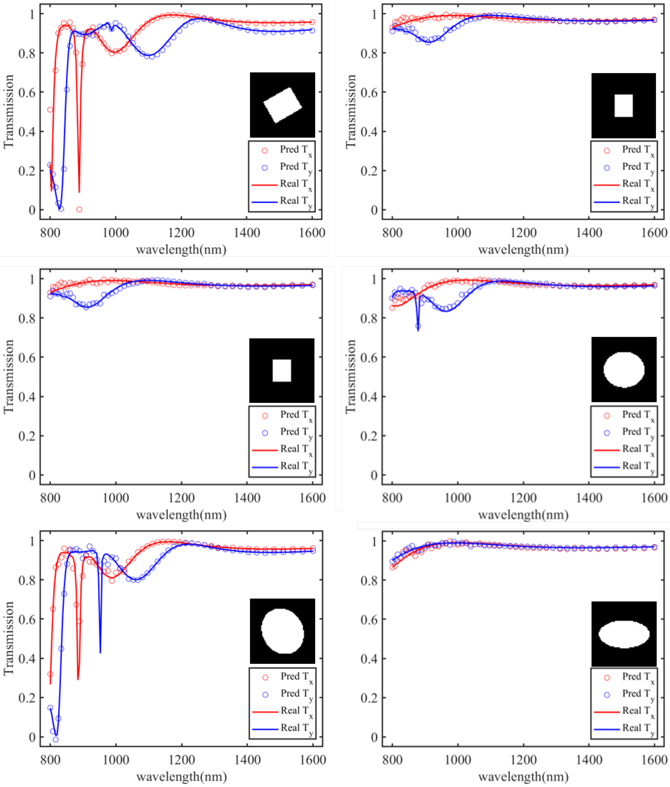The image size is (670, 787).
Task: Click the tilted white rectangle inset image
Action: (x=282, y=105)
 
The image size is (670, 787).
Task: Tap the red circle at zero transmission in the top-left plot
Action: (x=79, y=209)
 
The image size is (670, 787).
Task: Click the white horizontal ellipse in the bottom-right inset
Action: (x=624, y=634)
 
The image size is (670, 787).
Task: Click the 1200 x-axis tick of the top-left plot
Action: (x=181, y=233)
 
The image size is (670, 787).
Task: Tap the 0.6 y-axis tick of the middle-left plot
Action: (x=27, y=357)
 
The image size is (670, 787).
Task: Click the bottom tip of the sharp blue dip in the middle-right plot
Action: (x=418, y=330)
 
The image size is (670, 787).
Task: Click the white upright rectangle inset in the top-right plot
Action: (x=623, y=105)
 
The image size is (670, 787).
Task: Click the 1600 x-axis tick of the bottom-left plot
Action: (x=313, y=760)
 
